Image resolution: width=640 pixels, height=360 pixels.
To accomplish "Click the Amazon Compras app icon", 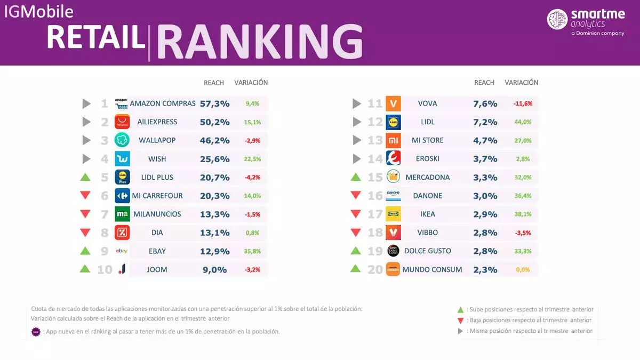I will [122, 103].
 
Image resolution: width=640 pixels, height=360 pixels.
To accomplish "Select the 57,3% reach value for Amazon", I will [214, 103].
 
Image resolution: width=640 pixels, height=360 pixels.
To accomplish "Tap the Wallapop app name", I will [157, 140].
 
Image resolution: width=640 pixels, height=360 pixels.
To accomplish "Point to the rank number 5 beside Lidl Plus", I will [105, 177].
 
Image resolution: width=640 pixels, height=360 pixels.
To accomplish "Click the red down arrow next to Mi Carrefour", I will [85, 196].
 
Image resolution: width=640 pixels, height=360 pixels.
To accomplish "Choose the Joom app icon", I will [122, 269].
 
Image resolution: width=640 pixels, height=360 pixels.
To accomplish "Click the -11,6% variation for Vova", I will [522, 103].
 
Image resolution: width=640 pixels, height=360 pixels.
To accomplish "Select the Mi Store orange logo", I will [393, 140].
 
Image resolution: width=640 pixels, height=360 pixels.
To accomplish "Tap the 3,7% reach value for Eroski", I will [485, 159].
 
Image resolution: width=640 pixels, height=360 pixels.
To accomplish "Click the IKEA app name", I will [427, 214].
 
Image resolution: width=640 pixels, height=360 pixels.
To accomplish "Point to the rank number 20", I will [375, 269].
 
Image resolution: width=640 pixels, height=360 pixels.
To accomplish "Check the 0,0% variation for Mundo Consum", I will [522, 270].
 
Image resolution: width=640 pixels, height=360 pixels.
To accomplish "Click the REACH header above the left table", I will [214, 83].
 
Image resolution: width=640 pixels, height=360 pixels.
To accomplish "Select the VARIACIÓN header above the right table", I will [521, 83].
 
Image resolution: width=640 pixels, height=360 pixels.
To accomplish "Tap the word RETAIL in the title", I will [96, 38].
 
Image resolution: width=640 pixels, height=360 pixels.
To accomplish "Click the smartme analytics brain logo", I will [557, 19].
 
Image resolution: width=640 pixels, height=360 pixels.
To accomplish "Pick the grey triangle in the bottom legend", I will [460, 331].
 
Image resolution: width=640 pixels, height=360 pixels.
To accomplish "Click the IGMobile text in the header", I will [39, 11].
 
